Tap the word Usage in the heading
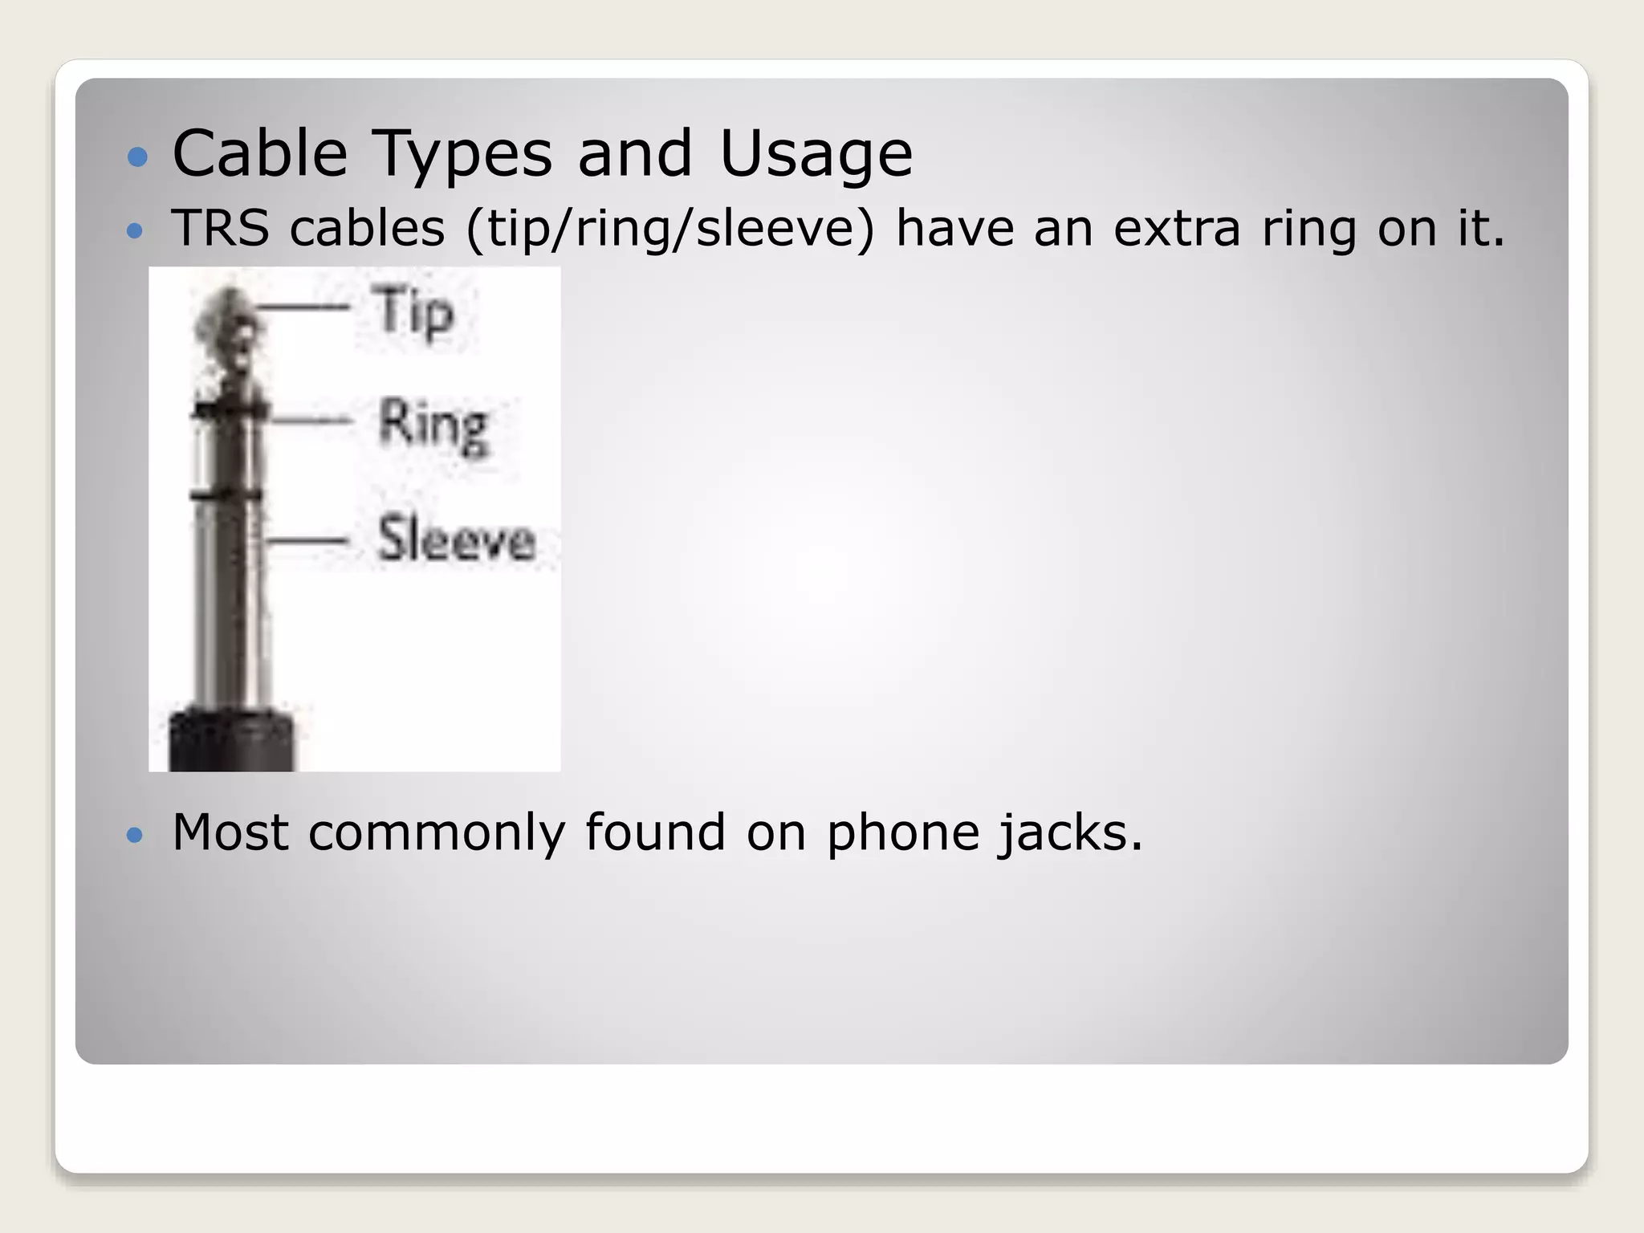[x=816, y=154]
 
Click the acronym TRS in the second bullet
[x=220, y=228]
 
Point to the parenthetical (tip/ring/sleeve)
[x=669, y=230]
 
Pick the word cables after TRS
[x=367, y=228]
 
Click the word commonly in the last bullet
[x=437, y=833]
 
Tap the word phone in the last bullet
[x=902, y=833]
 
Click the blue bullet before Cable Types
[x=138, y=156]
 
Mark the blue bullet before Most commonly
[x=135, y=836]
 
